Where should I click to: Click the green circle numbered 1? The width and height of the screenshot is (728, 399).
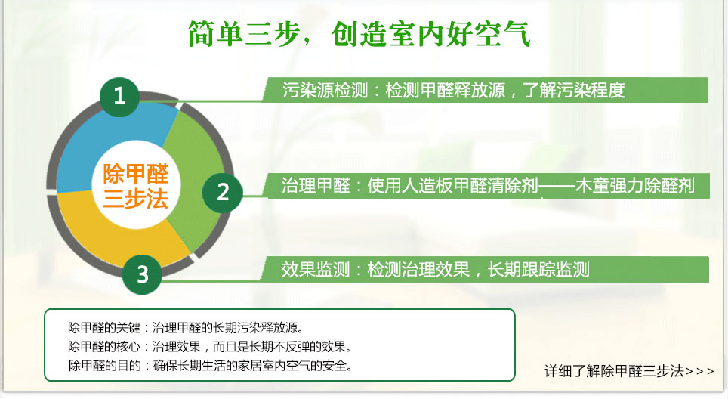click(x=119, y=97)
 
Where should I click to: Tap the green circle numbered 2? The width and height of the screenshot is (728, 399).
click(x=222, y=193)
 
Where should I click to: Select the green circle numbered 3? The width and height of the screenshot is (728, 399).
click(x=142, y=274)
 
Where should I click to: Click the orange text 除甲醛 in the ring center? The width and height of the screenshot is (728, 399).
click(x=136, y=175)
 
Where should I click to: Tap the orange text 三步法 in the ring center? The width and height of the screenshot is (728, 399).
click(x=136, y=198)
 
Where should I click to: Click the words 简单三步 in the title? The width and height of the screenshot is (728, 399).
click(x=243, y=33)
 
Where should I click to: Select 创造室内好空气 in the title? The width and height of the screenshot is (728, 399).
click(x=431, y=33)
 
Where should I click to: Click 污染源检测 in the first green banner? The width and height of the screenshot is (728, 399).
click(x=325, y=90)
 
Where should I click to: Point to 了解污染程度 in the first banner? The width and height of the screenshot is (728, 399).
click(x=574, y=90)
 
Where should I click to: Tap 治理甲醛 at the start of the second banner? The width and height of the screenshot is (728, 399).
click(x=316, y=186)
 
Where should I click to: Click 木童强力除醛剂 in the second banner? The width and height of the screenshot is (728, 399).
click(x=634, y=186)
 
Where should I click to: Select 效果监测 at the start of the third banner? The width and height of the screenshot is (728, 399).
click(x=315, y=270)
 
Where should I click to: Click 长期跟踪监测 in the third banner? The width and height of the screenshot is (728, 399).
click(x=538, y=270)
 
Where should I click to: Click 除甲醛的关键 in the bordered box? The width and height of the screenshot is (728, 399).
click(x=104, y=328)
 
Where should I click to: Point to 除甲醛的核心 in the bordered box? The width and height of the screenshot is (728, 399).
click(x=104, y=347)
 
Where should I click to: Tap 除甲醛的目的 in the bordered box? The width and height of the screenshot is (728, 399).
click(x=104, y=366)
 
